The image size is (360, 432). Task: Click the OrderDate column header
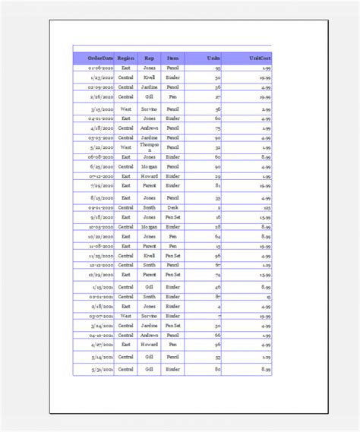100,58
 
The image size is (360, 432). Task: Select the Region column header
126,58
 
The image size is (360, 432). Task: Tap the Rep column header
150,58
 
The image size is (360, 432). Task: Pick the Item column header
173,58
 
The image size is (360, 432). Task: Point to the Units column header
213,58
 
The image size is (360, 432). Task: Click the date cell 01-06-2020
100,68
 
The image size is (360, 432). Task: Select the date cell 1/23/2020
100,77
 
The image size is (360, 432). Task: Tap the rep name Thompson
150,147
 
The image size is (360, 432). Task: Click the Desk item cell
173,207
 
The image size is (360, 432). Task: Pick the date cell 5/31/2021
102,369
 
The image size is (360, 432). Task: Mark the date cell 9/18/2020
102,216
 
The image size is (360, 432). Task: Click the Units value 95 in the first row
217,68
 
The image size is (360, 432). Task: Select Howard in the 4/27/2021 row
150,344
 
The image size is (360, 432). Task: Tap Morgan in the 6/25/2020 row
150,166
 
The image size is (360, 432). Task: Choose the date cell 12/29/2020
102,275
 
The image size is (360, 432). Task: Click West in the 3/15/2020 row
126,109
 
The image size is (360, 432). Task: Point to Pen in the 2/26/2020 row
173,96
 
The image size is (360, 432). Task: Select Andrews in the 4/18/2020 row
150,128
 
